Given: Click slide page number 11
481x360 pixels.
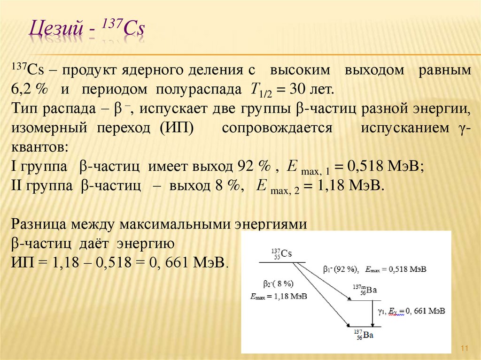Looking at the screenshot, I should (465, 348).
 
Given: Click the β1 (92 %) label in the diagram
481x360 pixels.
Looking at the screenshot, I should (340, 270).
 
